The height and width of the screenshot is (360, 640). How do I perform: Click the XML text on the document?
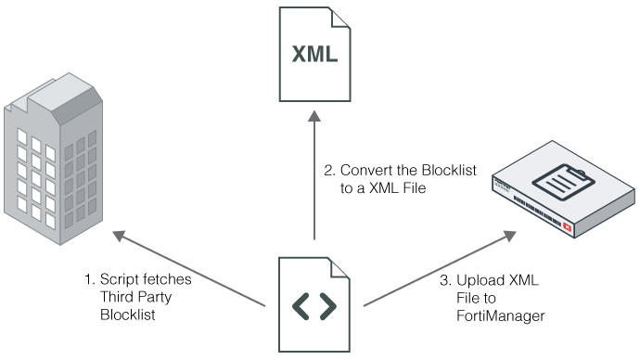pos(314,55)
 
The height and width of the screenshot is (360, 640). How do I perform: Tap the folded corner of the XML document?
pos(339,17)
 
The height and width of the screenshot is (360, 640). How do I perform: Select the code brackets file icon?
pos(314,304)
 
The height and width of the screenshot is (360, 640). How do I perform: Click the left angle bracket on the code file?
pos(301,306)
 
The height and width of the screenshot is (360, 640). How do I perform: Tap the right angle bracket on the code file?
pos(328,306)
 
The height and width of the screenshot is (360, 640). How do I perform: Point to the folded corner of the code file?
pos(339,266)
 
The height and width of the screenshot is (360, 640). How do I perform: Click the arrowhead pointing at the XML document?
pos(314,115)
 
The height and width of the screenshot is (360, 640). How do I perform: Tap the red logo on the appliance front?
pos(567,226)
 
